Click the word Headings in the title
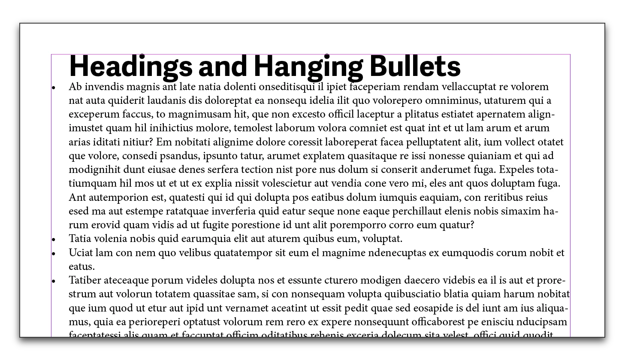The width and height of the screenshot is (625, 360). tap(130, 67)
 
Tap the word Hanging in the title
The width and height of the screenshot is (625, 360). tap(308, 67)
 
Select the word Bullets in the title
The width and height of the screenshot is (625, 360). tap(414, 67)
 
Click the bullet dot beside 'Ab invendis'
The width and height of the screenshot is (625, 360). tap(54, 88)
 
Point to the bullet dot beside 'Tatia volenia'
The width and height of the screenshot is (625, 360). tap(54, 239)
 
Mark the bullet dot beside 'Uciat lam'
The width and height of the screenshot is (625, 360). tap(54, 254)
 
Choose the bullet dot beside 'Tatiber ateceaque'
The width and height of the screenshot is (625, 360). tap(54, 281)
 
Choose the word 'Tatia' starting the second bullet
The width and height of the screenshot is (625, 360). tap(80, 239)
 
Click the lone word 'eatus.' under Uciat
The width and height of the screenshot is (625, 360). tap(82, 266)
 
